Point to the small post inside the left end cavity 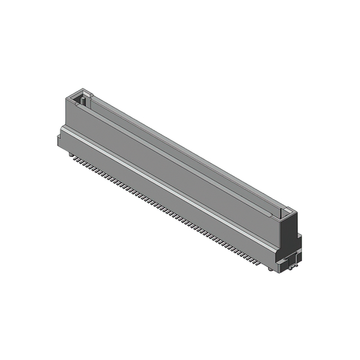(x=83, y=102)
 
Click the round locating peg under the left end (x=71, y=153)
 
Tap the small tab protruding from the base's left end (x=59, y=139)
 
